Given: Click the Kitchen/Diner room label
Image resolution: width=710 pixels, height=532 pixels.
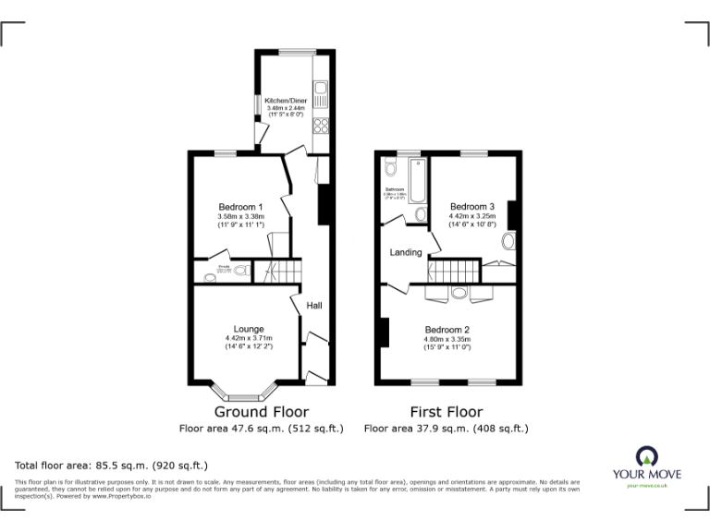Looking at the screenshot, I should [286, 100].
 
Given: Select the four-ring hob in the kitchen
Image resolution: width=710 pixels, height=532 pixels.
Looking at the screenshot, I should [321, 126].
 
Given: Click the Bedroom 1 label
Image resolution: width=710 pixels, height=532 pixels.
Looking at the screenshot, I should [240, 206].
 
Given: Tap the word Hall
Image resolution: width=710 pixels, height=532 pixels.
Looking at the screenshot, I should [314, 306].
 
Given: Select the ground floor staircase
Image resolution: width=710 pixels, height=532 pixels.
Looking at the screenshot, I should [276, 272].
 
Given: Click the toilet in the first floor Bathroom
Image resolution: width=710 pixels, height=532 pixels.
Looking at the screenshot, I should [390, 167].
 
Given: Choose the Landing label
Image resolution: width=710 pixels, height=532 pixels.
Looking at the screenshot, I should [406, 252].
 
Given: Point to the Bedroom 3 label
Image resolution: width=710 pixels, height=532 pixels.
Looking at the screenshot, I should [471, 206].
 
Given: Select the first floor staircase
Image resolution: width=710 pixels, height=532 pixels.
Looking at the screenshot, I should [453, 272].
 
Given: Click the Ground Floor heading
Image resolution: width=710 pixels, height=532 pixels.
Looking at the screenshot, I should [262, 412].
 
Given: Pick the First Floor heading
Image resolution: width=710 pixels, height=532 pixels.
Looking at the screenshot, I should [447, 412].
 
